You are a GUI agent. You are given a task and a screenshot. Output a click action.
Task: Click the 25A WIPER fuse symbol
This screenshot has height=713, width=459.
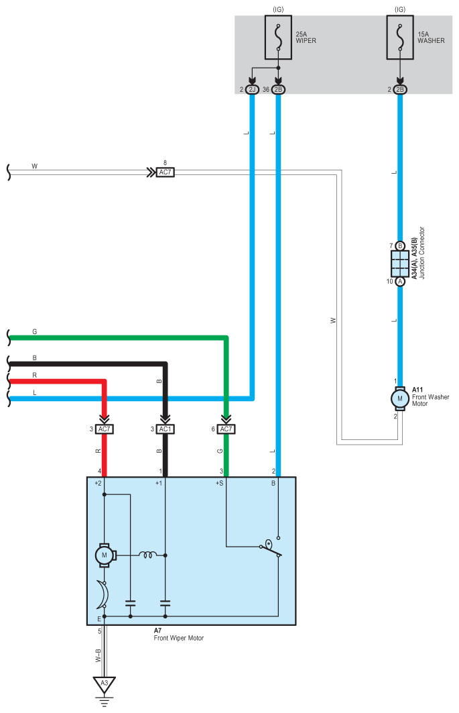(x=278, y=38)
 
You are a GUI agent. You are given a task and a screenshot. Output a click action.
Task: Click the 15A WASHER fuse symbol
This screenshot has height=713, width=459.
(x=400, y=38)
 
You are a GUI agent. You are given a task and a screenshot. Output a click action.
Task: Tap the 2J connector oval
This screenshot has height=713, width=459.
(x=252, y=90)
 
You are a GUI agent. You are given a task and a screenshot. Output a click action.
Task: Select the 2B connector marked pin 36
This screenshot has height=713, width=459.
(x=278, y=90)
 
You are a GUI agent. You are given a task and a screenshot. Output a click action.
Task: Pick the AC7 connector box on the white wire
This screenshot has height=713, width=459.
(x=165, y=172)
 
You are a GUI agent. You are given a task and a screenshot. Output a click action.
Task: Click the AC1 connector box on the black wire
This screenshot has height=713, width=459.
(x=165, y=429)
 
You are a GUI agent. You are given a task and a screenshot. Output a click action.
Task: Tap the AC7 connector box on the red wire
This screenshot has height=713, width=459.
(x=104, y=429)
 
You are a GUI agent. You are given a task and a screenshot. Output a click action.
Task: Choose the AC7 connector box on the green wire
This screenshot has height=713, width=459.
(x=226, y=429)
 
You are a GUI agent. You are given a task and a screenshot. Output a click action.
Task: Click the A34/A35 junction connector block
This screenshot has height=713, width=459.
(x=400, y=264)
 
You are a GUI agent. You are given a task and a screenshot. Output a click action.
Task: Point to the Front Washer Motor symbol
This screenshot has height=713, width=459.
(x=400, y=398)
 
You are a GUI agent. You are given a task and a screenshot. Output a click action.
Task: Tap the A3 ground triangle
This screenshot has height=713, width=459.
(x=104, y=684)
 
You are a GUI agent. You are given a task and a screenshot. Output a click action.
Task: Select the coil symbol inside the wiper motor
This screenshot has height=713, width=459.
(x=147, y=555)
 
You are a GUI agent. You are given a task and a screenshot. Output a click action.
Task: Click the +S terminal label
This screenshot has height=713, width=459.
(x=220, y=483)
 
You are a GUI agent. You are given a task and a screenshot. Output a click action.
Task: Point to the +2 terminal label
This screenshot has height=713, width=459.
(x=98, y=483)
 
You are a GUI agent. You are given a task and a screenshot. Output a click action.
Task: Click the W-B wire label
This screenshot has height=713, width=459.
(x=98, y=655)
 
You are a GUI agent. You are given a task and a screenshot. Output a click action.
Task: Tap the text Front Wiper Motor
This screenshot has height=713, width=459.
(x=179, y=638)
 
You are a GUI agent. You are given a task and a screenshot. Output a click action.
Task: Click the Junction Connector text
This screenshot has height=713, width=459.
(x=421, y=253)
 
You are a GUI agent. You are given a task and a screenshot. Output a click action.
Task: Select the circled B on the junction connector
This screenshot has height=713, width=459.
(x=400, y=246)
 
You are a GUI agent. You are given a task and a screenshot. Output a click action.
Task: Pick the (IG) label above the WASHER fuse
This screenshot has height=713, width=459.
(x=400, y=9)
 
